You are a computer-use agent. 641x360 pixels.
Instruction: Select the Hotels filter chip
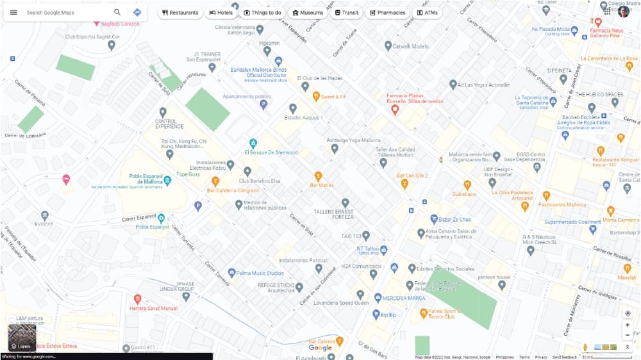pos(221,13)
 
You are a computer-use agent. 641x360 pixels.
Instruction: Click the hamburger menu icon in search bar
pos(13,12)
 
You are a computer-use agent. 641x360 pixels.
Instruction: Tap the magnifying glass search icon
pos(117,12)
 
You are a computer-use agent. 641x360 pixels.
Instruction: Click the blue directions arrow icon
pos(137,12)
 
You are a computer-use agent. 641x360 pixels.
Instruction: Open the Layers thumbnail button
pos(22,338)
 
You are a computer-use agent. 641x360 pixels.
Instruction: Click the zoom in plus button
pos(628,325)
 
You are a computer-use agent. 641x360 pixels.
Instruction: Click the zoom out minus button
pos(628,336)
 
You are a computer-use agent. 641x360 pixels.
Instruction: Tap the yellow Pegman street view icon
pos(585,347)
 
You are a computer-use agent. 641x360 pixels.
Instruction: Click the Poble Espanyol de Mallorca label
pos(146,178)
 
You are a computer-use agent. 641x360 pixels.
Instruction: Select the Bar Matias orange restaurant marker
pos(318,176)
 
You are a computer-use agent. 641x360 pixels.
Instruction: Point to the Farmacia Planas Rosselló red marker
pos(395,110)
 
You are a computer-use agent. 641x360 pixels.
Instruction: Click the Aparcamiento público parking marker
pos(263,104)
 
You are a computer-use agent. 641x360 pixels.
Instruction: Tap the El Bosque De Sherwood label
pos(271,152)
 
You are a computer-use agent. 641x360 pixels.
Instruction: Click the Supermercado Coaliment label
pos(572,222)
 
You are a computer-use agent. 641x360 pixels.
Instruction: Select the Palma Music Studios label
pos(260,273)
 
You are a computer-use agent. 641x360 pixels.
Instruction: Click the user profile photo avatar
pos(624,11)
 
